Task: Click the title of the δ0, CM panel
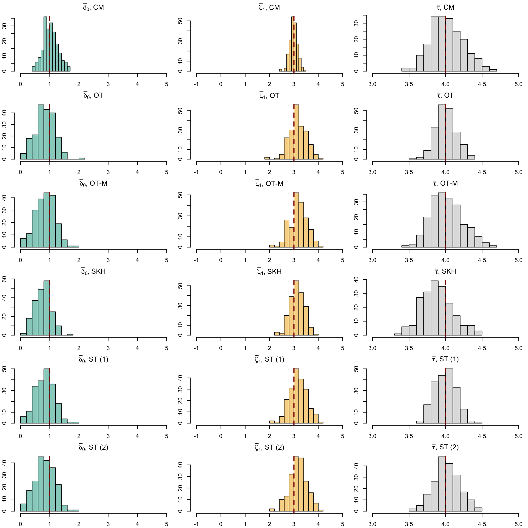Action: pos(94,7)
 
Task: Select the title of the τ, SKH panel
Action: pos(445,271)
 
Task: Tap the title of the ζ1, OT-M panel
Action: pos(269,183)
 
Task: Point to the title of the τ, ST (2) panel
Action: pos(445,447)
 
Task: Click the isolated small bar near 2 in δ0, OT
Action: pos(82,158)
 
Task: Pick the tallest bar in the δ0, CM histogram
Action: pos(45,44)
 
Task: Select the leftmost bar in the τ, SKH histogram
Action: pos(398,334)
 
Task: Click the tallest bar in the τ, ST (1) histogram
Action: pos(449,396)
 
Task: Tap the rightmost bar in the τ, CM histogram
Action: pos(493,70)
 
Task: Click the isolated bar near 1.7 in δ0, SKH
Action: pos(70,335)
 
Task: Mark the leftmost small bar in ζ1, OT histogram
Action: pos(267,158)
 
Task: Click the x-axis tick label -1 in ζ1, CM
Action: pos(196,84)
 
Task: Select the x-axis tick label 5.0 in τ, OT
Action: pos(518,172)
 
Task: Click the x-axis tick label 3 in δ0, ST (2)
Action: pos(108,524)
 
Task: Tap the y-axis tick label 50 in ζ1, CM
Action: pos(180,21)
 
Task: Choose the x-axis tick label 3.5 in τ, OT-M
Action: pos(409,260)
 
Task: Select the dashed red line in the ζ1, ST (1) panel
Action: pos(294,396)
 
